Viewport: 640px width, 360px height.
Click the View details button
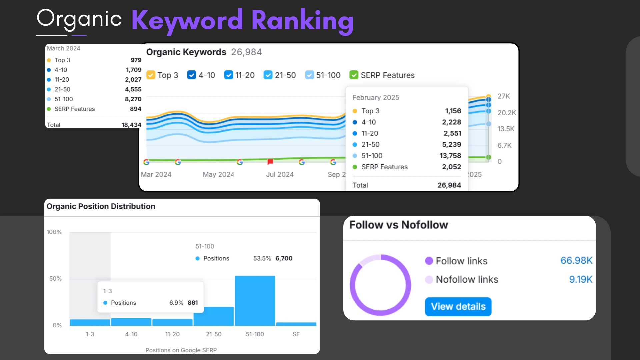(x=458, y=306)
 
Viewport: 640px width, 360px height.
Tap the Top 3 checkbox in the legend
(x=151, y=75)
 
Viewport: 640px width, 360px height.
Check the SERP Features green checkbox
(x=354, y=75)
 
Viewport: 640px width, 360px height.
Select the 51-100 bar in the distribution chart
(x=255, y=300)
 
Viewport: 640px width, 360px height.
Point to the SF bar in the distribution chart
(x=296, y=324)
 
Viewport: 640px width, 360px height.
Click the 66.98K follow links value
(x=576, y=260)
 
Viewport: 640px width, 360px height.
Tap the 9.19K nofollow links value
(x=580, y=279)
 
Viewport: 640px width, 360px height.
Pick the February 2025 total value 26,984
(x=449, y=185)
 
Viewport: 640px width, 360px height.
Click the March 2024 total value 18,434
(x=131, y=125)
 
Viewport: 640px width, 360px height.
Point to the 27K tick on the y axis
(x=504, y=96)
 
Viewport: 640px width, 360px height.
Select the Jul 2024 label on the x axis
(x=280, y=174)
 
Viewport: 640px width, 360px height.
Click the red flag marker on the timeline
(x=270, y=162)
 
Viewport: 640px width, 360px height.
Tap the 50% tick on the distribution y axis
(x=55, y=278)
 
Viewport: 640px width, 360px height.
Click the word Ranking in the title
(x=302, y=20)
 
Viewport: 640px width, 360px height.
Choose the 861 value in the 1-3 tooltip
(x=193, y=303)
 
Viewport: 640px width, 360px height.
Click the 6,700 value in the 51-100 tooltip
(x=284, y=258)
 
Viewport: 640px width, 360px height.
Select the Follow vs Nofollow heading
(x=398, y=225)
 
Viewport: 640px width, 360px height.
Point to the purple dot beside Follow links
(x=429, y=261)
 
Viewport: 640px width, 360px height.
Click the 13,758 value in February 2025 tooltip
(x=450, y=156)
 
